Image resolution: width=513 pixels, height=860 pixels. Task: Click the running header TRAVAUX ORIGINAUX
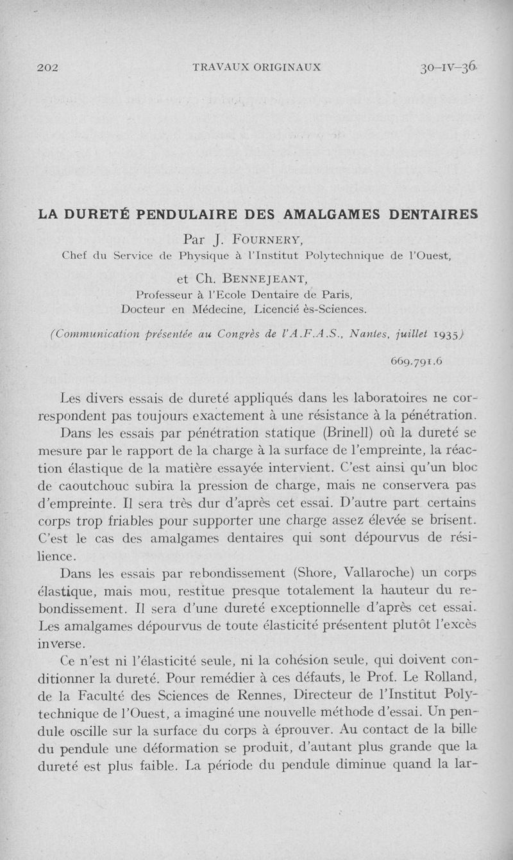(x=256, y=67)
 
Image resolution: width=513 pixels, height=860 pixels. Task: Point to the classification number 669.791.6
(x=417, y=362)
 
